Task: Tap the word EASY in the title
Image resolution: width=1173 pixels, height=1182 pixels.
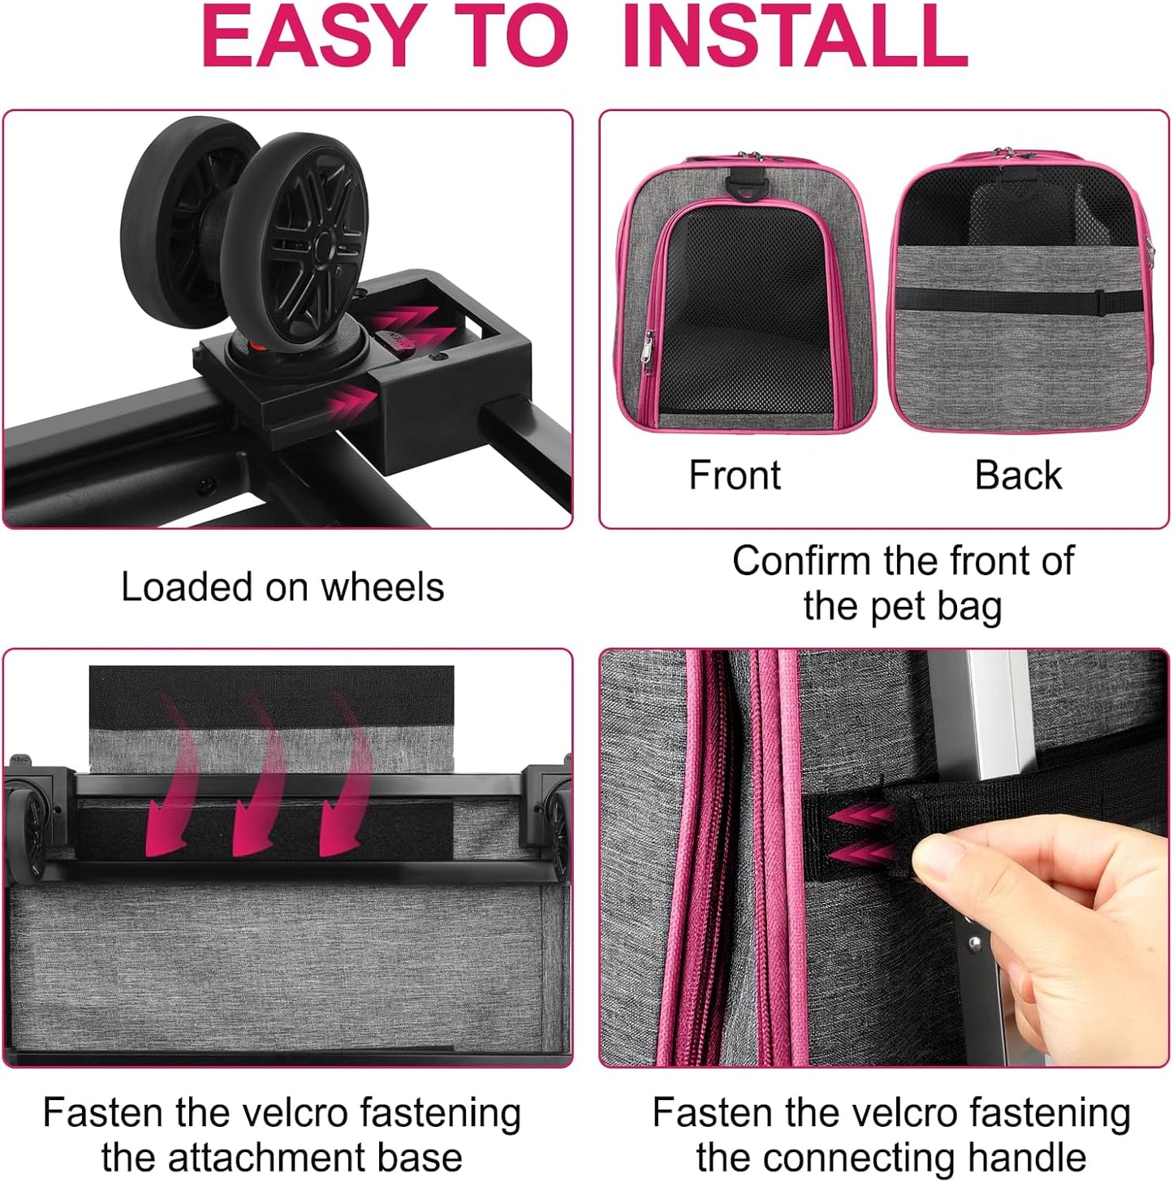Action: coord(312,37)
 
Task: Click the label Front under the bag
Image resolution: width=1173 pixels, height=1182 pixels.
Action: coord(734,475)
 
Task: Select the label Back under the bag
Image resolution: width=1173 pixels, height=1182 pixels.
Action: coord(1018,475)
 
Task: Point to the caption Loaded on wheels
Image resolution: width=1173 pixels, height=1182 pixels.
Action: coord(282,587)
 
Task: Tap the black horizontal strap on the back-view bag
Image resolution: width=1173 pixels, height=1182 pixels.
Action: coord(1015,299)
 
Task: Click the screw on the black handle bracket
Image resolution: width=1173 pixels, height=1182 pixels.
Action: coord(975,943)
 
